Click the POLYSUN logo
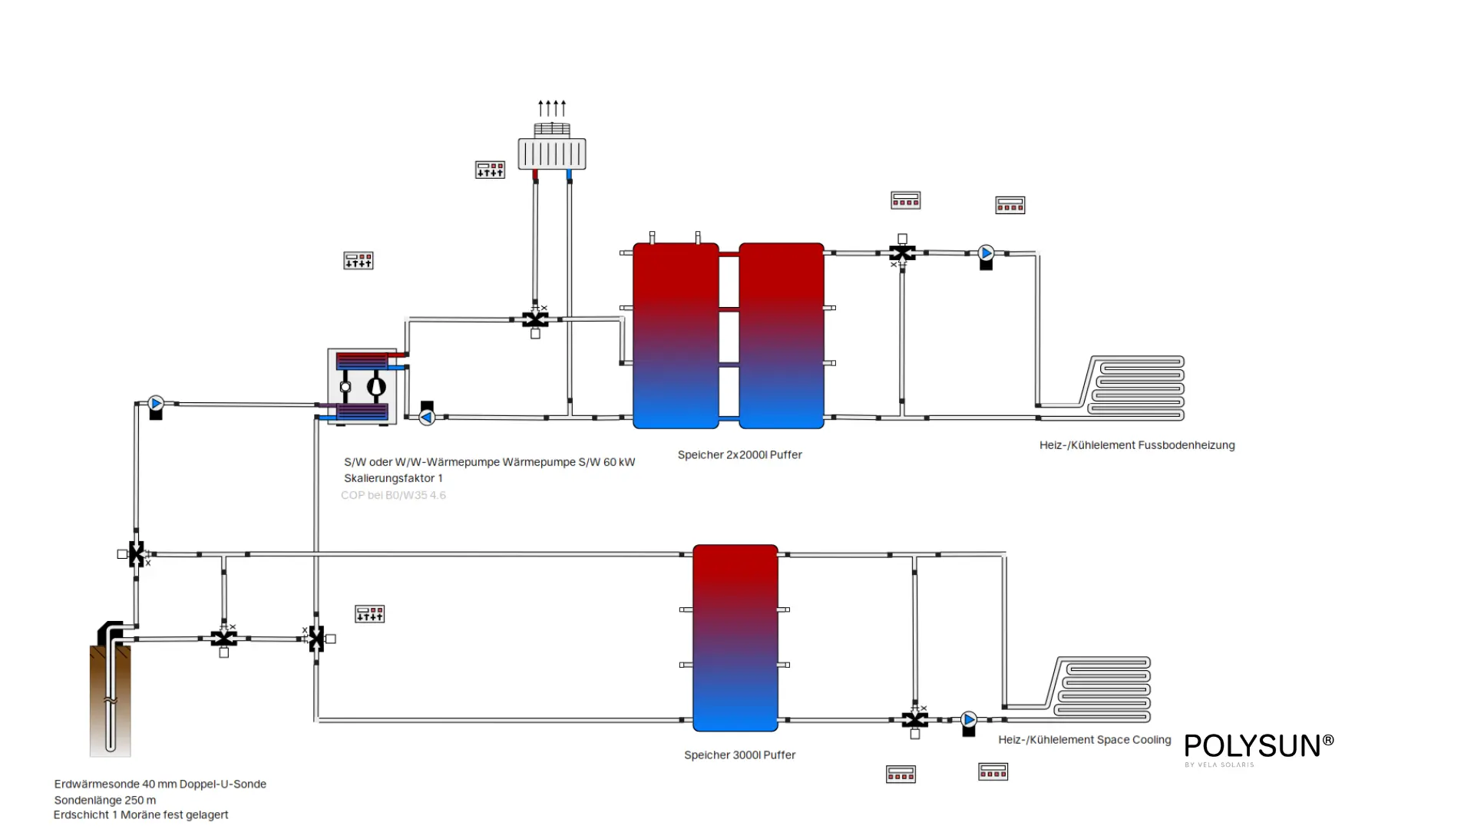1258,747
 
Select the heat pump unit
362,387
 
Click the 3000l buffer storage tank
735,638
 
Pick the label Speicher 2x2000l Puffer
739,454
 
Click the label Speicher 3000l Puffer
739,755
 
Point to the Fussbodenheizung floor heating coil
1136,388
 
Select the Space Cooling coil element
1102,689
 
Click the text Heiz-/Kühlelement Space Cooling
1084,739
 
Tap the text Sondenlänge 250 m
105,800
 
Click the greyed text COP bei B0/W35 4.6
393,495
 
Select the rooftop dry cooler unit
552,152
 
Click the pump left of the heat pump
156,404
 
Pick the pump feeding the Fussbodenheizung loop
987,253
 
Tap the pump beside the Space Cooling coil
969,720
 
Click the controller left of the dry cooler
490,170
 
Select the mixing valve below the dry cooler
535,319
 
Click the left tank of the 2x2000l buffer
676,335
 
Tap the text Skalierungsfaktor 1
393,478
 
